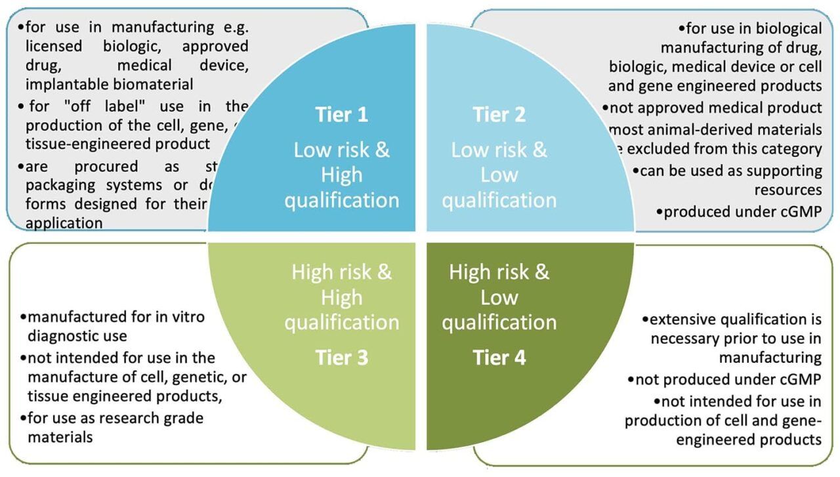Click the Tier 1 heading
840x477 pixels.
coord(342,114)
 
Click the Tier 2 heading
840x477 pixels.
coord(499,114)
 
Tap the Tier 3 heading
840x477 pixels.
coord(342,358)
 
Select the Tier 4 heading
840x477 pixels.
coord(499,358)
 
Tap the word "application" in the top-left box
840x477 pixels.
coord(64,223)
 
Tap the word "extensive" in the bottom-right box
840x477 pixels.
coord(681,320)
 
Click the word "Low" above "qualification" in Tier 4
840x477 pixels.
coord(499,297)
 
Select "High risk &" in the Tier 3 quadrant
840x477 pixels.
coord(341,272)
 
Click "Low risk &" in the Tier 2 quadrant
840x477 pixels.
coord(499,150)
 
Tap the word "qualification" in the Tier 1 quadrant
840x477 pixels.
coord(341,200)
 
